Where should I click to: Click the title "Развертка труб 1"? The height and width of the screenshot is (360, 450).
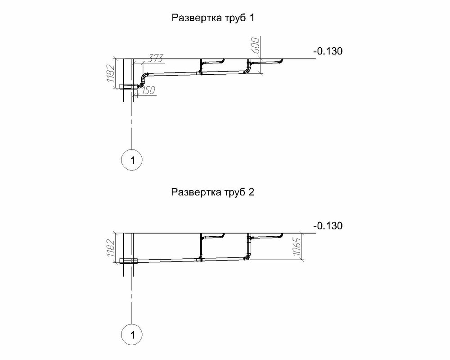pyautogui.click(x=213, y=18)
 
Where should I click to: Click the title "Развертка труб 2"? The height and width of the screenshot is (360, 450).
pyautogui.click(x=213, y=192)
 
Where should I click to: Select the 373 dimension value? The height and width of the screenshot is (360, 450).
pyautogui.click(x=156, y=58)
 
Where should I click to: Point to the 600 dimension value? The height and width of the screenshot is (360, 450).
pyautogui.click(x=255, y=45)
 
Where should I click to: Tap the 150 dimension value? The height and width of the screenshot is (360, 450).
pyautogui.click(x=148, y=90)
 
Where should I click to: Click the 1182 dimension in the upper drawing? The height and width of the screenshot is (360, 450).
pyautogui.click(x=111, y=73)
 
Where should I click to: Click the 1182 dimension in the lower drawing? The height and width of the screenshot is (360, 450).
pyautogui.click(x=111, y=247)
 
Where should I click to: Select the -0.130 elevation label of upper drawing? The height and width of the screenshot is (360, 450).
pyautogui.click(x=328, y=51)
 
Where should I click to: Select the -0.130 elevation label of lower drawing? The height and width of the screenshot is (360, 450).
pyautogui.click(x=328, y=225)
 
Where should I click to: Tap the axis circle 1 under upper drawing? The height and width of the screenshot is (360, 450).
pyautogui.click(x=132, y=160)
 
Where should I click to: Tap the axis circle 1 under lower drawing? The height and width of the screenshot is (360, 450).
pyautogui.click(x=132, y=334)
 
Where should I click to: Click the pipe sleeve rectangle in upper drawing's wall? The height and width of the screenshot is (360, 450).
pyautogui.click(x=129, y=86)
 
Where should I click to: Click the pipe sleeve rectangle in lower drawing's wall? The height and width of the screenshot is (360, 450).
pyautogui.click(x=129, y=261)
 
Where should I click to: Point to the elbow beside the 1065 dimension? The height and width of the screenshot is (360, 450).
pyautogui.click(x=247, y=256)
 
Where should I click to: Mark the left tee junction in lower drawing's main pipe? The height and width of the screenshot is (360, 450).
pyautogui.click(x=201, y=258)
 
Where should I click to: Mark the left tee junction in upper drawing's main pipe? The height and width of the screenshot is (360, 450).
pyautogui.click(x=201, y=73)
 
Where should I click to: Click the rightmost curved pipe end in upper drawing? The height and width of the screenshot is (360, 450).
pyautogui.click(x=281, y=61)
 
